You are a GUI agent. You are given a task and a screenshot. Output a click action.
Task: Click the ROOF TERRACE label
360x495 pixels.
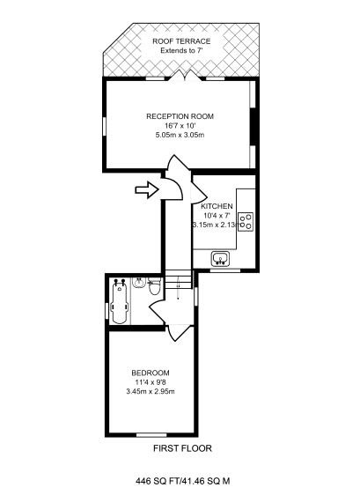pyautogui.click(x=180, y=41)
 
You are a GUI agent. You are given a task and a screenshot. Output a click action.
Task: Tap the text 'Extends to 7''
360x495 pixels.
pyautogui.click(x=180, y=51)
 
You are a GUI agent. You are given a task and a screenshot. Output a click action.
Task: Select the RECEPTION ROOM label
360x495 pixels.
pyautogui.click(x=180, y=116)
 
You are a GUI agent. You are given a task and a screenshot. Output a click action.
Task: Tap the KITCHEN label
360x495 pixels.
pyautogui.click(x=217, y=206)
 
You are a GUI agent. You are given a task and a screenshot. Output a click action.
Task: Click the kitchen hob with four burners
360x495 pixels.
pyautogui.click(x=247, y=220)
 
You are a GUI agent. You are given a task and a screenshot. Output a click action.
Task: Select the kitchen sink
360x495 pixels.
pyautogui.click(x=221, y=258)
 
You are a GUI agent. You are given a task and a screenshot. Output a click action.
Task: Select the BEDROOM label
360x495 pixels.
pyautogui.click(x=151, y=373)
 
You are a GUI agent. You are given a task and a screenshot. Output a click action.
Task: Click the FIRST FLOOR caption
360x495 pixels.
pyautogui.click(x=181, y=448)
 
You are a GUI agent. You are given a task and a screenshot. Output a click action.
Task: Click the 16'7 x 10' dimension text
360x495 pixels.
pyautogui.click(x=180, y=126)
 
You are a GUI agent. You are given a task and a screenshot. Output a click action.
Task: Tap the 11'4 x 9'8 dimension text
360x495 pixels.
pyautogui.click(x=151, y=381)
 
